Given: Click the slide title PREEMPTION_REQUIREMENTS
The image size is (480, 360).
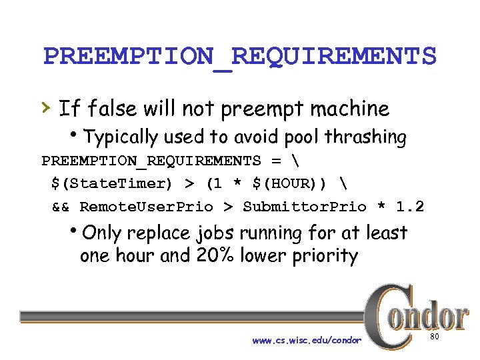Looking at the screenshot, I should point(239,57).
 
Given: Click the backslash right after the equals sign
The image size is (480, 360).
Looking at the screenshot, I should point(295,161).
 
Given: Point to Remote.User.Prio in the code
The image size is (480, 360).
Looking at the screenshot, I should point(146,207).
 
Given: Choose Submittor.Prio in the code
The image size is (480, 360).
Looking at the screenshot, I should point(305,207).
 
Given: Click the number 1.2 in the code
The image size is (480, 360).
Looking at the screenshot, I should point(409,207).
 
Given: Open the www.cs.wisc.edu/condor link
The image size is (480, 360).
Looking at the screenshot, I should point(307,341).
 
